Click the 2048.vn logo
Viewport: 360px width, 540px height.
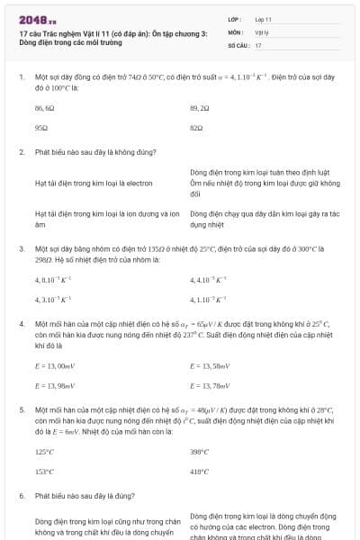tap(37, 19)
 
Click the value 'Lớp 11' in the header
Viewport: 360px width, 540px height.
tap(263, 19)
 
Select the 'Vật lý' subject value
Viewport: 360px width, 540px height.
tap(261, 31)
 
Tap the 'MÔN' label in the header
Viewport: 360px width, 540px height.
tap(235, 31)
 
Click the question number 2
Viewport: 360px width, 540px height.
tap(21, 151)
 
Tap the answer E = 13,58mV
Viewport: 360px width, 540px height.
tap(210, 366)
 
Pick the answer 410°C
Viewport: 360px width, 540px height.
tap(200, 472)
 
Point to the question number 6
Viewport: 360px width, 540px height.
tap(21, 495)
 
